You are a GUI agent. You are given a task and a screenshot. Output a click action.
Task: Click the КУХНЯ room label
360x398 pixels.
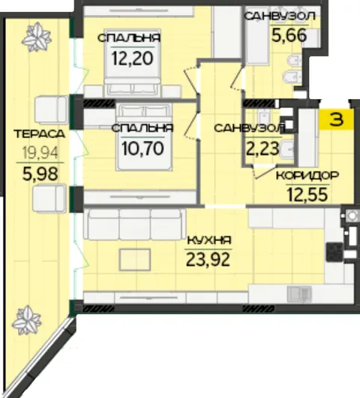(x=209, y=240)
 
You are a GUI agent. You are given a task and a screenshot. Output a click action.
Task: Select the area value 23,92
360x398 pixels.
(x=208, y=260)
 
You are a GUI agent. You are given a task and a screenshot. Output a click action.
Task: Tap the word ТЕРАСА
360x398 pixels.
(x=40, y=134)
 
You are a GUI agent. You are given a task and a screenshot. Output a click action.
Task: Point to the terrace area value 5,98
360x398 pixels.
(x=40, y=174)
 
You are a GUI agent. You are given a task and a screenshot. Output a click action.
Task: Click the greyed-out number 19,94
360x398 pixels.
(x=40, y=152)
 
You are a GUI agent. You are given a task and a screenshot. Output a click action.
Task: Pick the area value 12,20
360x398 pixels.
(x=132, y=58)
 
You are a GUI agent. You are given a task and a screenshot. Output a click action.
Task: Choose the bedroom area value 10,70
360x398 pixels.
(x=142, y=148)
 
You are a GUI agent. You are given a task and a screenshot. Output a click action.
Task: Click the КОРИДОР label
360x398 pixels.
(x=307, y=176)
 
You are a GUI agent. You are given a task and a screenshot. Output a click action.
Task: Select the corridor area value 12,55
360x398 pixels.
(x=307, y=194)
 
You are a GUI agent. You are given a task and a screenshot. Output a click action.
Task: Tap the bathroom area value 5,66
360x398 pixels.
(x=289, y=35)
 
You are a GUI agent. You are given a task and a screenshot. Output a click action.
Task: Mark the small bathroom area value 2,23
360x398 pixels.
(x=262, y=149)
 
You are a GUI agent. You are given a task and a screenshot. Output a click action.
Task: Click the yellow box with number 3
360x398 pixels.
(x=336, y=119)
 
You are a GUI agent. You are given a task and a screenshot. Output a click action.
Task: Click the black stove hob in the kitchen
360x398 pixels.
(x=334, y=252)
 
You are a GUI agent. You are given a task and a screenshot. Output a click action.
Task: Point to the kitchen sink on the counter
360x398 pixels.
(x=299, y=294)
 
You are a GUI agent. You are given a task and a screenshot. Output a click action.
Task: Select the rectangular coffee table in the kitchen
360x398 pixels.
(x=135, y=260)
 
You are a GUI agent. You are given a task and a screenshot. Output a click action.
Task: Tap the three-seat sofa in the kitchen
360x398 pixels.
(x=134, y=225)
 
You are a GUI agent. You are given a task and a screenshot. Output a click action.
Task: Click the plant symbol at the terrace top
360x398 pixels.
(x=37, y=38)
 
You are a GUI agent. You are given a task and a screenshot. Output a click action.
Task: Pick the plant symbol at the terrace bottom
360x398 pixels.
(x=26, y=321)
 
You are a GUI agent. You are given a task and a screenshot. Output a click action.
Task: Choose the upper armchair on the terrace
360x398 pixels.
(x=51, y=110)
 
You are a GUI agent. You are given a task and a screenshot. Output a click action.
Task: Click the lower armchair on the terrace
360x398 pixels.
(x=49, y=198)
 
